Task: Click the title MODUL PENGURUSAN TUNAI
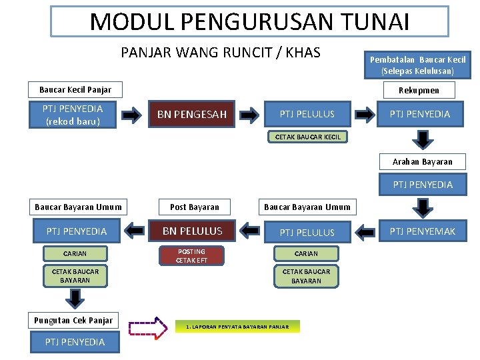(249, 21)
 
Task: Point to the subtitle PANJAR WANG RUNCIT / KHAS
(221, 53)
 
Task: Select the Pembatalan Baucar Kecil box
(417, 65)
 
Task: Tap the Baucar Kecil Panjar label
(75, 89)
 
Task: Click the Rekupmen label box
(419, 90)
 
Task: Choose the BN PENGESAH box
(192, 114)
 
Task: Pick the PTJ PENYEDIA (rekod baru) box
(73, 114)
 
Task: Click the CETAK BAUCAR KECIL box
(307, 137)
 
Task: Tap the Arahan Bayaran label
(422, 161)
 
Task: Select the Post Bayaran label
(195, 207)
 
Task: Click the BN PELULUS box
(192, 231)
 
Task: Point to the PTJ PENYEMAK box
(422, 231)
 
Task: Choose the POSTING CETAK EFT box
(191, 255)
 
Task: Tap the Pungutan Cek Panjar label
(73, 320)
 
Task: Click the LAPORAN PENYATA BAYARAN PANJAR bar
(237, 327)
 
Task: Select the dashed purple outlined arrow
(148, 327)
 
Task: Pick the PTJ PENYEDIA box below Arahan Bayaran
(422, 185)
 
